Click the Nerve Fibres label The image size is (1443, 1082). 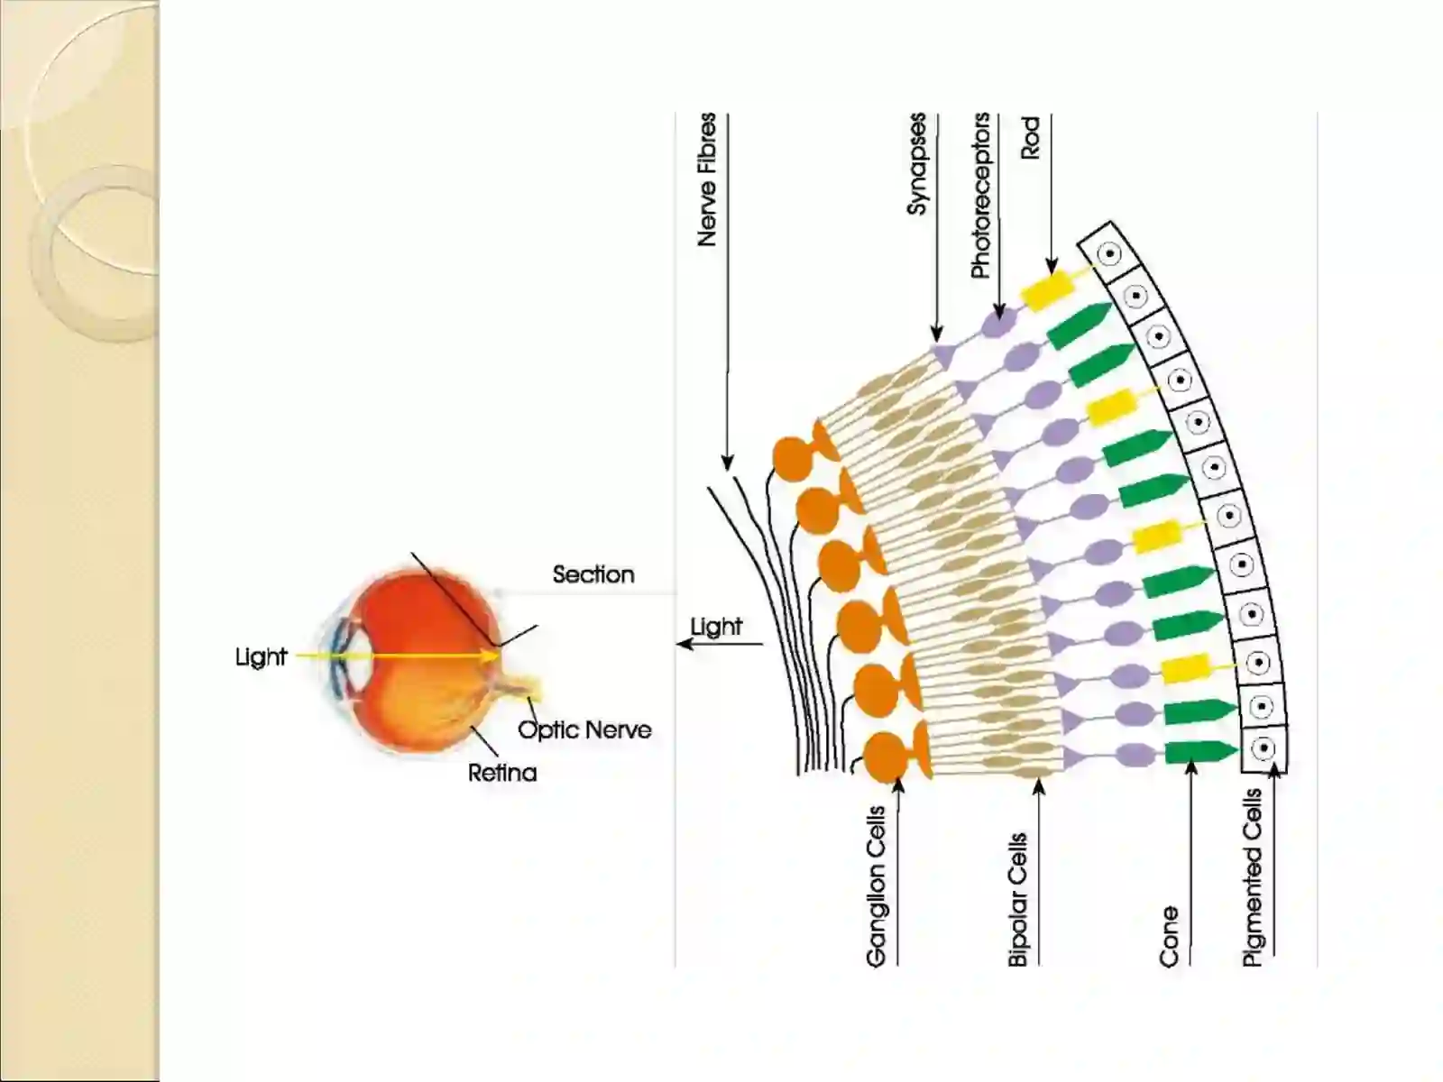click(x=707, y=180)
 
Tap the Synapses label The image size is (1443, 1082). click(x=916, y=164)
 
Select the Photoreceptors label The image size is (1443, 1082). click(x=980, y=196)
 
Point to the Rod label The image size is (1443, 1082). click(x=1031, y=137)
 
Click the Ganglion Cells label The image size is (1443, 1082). click(x=877, y=887)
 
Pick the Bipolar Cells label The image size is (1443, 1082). click(x=1017, y=900)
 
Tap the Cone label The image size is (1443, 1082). click(x=1169, y=938)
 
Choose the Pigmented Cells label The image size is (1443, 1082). click(x=1253, y=877)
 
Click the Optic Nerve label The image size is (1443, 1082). click(x=584, y=729)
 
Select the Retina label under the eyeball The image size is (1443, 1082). click(x=502, y=773)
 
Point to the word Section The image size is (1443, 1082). click(x=593, y=575)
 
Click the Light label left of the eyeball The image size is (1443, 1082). click(x=261, y=657)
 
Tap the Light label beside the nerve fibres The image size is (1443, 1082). click(x=716, y=627)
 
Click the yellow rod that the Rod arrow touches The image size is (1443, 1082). click(x=1049, y=291)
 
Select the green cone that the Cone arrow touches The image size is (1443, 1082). click(x=1200, y=752)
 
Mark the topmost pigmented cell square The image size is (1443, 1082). click(x=1108, y=253)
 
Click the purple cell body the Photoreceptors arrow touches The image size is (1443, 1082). click(x=998, y=323)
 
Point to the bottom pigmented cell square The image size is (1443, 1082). click(x=1264, y=749)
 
